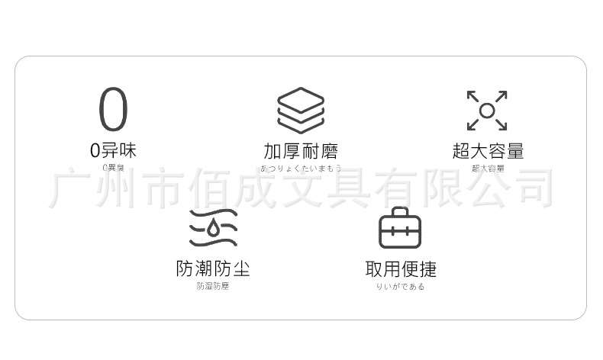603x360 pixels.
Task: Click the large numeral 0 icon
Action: click(113, 109)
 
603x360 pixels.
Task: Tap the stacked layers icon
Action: click(300, 111)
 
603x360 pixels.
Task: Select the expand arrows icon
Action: click(487, 111)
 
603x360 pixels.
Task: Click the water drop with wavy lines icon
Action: click(214, 227)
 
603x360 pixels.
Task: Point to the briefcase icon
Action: click(401, 228)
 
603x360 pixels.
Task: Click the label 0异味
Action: click(113, 150)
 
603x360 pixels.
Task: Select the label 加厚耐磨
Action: click(300, 151)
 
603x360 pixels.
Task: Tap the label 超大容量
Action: click(488, 151)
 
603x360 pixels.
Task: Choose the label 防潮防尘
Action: click(213, 268)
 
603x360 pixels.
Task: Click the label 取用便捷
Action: click(401, 268)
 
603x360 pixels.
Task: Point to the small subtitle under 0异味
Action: click(113, 167)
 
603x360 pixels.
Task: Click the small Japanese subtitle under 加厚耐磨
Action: click(300, 168)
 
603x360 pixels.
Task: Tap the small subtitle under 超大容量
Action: click(488, 168)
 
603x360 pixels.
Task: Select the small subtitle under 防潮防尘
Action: click(213, 286)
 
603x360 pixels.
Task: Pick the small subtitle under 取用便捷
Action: click(401, 286)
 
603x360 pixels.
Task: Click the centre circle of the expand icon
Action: click(487, 111)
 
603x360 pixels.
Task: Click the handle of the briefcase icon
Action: click(401, 211)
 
